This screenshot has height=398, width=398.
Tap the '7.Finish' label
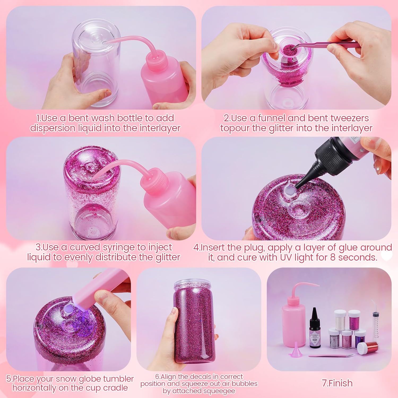click(x=337, y=383)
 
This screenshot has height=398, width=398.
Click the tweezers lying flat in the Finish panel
click(x=331, y=356)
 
